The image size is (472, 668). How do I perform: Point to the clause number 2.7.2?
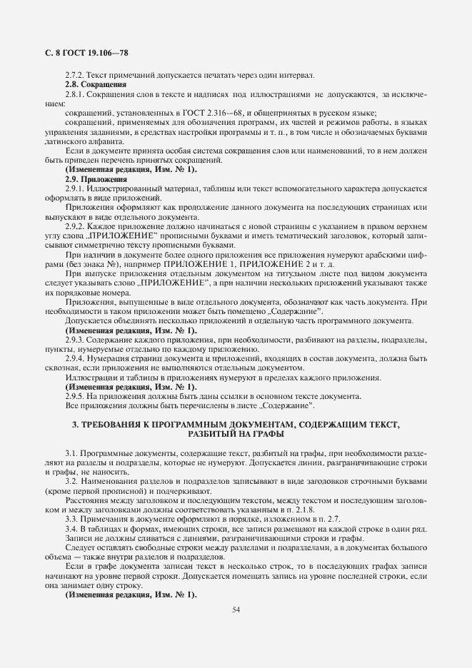point(74,76)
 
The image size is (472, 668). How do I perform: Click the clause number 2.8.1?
point(74,95)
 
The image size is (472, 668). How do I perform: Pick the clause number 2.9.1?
point(74,188)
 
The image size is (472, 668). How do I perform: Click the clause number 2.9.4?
point(74,358)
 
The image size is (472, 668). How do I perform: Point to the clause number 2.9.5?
point(74,396)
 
